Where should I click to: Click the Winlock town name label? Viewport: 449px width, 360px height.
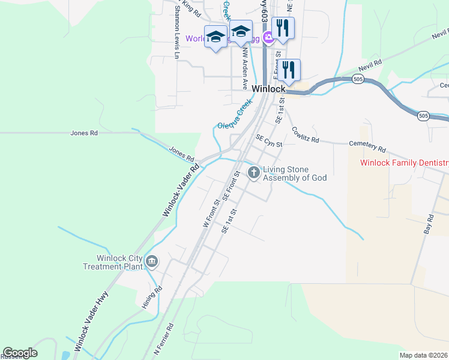click(268, 89)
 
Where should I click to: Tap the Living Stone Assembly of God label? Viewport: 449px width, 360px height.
click(295, 173)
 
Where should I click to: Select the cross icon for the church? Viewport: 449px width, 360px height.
click(254, 173)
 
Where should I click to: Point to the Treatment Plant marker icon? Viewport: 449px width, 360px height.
click(152, 262)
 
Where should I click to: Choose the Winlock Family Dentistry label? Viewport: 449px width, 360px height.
click(404, 163)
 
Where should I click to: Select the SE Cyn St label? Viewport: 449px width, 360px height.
click(268, 140)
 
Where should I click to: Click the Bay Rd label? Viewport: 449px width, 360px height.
click(429, 224)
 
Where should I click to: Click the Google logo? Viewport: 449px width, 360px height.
click(20, 353)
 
